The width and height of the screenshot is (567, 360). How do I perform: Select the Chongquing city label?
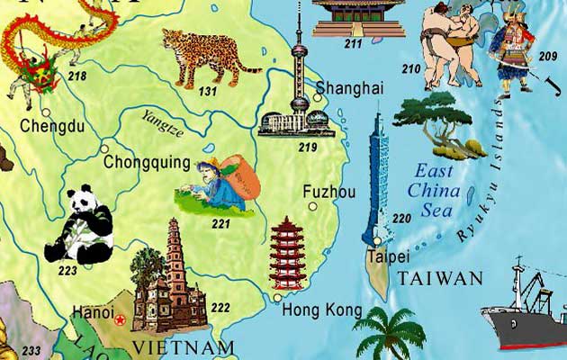[x=147, y=163]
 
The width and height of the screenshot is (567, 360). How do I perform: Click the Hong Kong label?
[x=315, y=310]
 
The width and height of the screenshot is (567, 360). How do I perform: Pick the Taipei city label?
[x=383, y=256]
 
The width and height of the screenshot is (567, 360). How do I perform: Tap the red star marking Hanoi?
[x=120, y=317]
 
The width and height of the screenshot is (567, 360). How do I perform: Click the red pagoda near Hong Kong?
[x=288, y=253]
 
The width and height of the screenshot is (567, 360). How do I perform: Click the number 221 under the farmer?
[x=220, y=223]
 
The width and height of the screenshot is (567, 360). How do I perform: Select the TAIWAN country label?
[x=441, y=278]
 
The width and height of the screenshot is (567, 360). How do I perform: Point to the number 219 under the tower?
[x=308, y=147]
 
